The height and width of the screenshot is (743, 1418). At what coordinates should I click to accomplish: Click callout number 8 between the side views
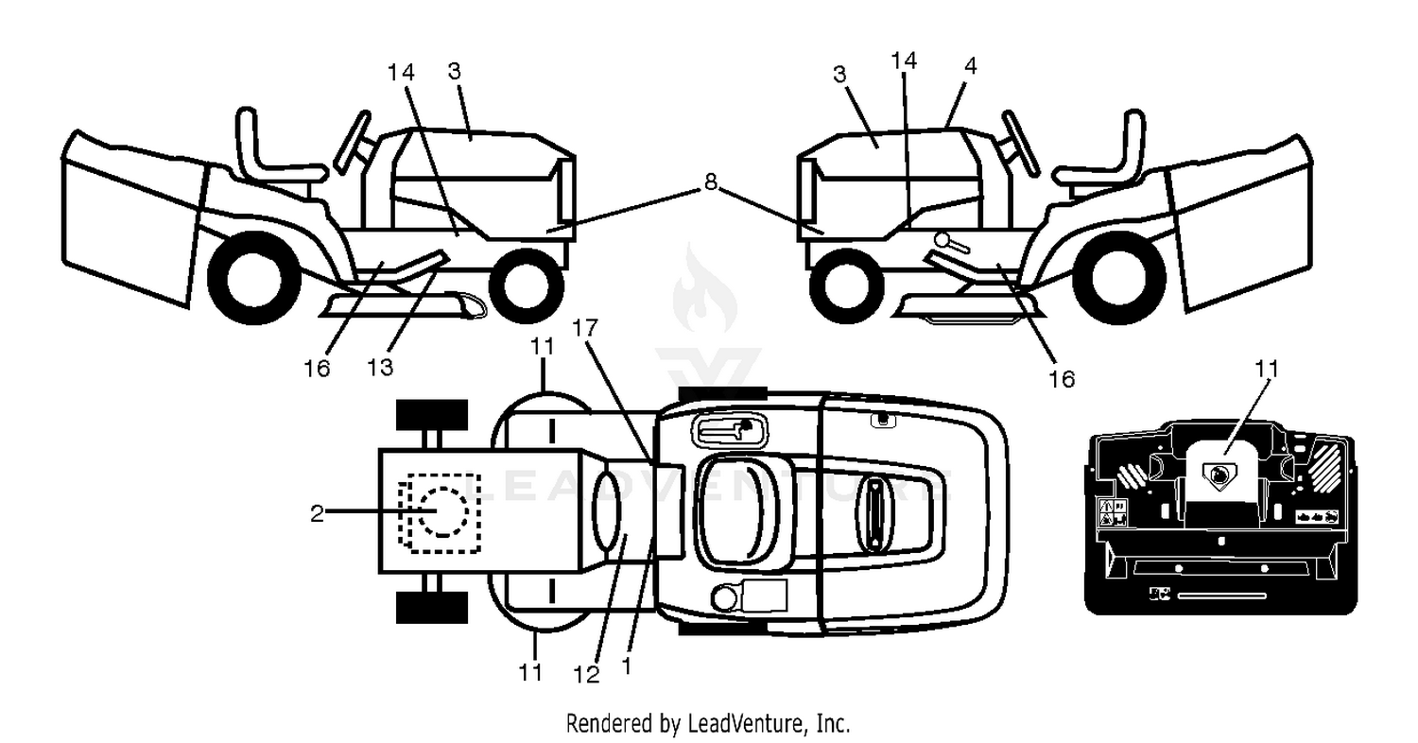click(710, 182)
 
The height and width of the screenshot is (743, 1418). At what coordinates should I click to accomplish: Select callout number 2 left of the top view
click(317, 512)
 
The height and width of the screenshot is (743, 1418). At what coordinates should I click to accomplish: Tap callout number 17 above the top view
click(584, 328)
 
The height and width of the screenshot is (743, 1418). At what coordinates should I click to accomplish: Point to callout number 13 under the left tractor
click(380, 367)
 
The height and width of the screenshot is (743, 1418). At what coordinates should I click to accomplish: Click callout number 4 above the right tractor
click(971, 65)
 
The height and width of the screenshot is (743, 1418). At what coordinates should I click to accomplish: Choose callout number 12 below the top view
click(586, 675)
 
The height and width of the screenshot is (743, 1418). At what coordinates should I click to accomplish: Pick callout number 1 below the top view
click(627, 665)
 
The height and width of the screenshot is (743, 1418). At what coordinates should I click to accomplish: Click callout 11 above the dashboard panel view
click(1266, 369)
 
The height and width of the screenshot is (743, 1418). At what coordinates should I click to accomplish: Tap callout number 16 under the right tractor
click(1062, 379)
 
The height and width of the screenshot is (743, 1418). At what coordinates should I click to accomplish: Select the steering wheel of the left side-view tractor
click(352, 142)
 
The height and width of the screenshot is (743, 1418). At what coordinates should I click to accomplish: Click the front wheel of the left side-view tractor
click(527, 285)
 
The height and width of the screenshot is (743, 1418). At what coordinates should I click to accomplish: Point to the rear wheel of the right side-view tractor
click(1119, 278)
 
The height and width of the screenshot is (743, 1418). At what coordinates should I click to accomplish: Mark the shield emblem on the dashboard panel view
click(1219, 475)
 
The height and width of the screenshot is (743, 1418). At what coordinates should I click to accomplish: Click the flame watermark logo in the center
click(704, 290)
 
